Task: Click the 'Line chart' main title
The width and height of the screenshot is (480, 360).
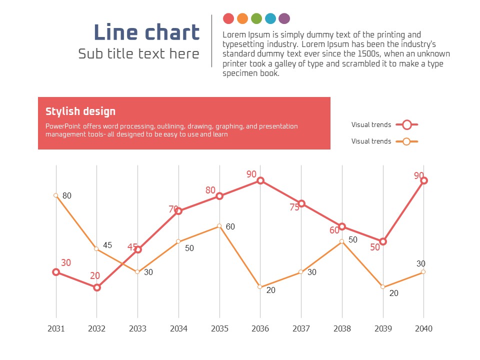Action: pos(146,32)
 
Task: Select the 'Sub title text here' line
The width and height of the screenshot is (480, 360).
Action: pos(138,54)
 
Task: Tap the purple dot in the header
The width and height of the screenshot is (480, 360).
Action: pos(284,18)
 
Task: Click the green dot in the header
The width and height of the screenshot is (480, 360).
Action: pos(256,18)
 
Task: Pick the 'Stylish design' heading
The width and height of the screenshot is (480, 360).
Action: pos(80,111)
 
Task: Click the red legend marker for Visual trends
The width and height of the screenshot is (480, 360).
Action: pos(406,124)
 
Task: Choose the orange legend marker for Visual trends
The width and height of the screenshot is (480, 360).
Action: pos(406,141)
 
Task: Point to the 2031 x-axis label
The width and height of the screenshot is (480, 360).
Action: pos(56,328)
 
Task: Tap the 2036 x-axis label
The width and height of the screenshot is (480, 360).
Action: pos(260,328)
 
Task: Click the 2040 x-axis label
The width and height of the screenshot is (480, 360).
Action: pos(423,328)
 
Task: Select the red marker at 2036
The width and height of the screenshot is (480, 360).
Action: pos(260,180)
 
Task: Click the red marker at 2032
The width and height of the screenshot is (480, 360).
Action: pos(97,287)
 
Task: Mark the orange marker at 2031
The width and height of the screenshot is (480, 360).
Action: pos(56,195)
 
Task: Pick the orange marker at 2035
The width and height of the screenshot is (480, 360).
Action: pos(219,226)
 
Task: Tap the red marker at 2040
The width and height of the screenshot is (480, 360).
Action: pos(423,180)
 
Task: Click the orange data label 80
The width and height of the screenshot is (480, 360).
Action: pos(67,196)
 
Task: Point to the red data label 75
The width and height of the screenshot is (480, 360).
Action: pos(294,207)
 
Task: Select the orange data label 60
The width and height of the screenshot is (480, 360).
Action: pos(230,227)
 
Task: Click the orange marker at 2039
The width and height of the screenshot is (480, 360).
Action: pos(383,287)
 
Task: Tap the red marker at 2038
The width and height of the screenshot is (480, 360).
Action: pos(342,226)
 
